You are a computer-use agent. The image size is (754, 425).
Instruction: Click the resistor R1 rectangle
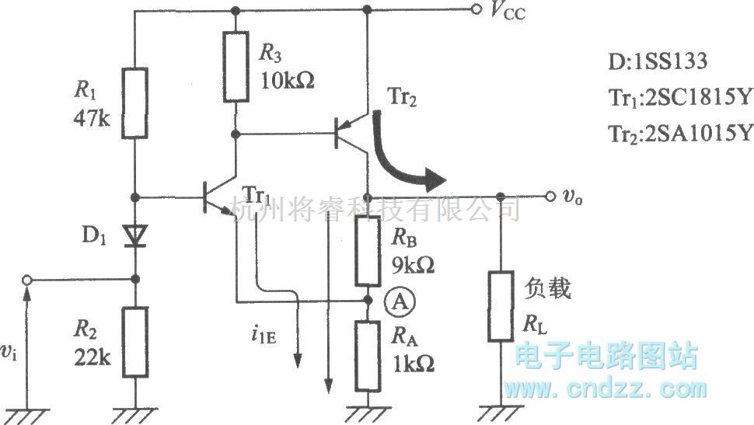135,103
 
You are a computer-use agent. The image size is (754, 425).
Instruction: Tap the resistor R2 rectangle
135,342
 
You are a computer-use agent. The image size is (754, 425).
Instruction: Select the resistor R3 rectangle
236,66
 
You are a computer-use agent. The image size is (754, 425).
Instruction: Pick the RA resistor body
368,358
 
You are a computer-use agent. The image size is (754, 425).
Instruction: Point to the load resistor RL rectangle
501,306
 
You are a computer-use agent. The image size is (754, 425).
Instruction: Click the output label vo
574,197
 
